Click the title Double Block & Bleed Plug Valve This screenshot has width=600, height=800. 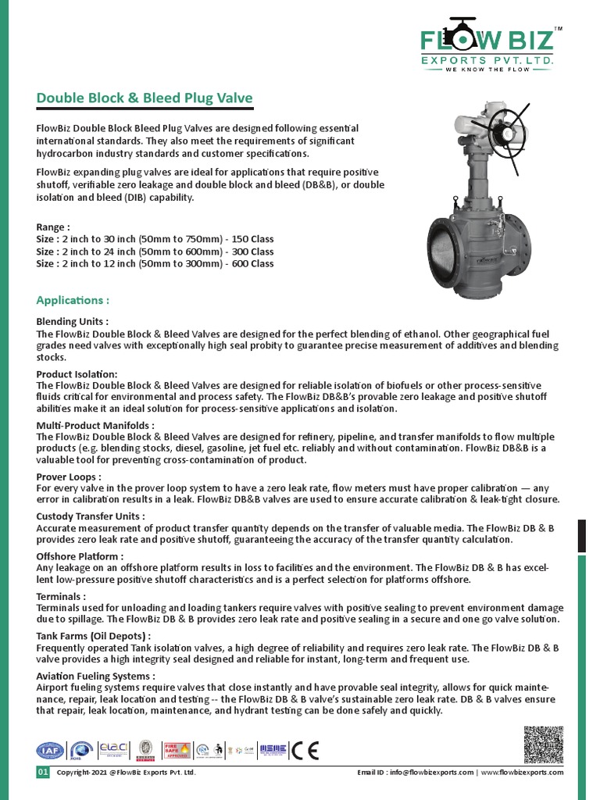click(145, 98)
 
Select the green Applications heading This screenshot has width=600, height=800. click(73, 300)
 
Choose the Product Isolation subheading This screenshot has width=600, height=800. click(77, 374)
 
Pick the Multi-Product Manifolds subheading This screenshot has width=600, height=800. click(95, 426)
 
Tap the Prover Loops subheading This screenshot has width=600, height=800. click(69, 477)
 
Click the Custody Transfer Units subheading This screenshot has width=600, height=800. click(91, 516)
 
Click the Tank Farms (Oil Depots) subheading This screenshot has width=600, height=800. click(94, 636)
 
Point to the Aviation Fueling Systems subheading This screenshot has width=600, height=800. click(95, 676)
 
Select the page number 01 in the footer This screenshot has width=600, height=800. click(43, 773)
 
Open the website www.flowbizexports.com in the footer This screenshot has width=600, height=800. click(522, 773)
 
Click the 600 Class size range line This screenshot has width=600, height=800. click(155, 264)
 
